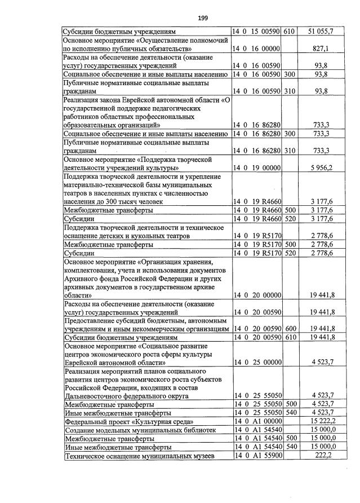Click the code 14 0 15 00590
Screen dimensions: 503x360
pos(257,32)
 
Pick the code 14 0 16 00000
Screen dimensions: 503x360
pos(257,49)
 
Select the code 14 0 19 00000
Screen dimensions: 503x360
pos(257,167)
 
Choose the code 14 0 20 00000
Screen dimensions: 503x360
pos(257,295)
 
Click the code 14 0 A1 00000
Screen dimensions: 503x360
pos(257,421)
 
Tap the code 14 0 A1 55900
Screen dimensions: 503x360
pos(257,455)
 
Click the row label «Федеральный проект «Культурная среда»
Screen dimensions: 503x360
pos(130,421)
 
